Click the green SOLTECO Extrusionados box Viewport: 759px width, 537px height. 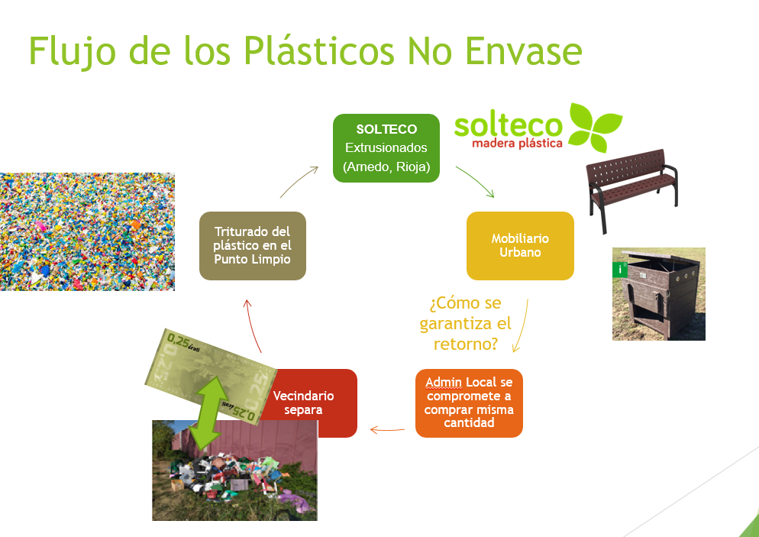click(386, 148)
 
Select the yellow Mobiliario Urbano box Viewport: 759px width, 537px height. click(520, 245)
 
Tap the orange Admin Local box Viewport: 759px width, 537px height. click(469, 403)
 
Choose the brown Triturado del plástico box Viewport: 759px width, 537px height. click(253, 245)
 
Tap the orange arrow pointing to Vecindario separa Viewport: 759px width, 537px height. click(387, 429)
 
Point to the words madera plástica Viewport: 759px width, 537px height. click(517, 144)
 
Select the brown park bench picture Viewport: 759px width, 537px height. click(631, 190)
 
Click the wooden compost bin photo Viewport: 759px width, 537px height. click(659, 294)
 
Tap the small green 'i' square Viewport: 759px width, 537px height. click(620, 270)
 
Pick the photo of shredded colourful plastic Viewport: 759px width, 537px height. click(87, 231)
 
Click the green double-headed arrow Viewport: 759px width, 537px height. click(209, 413)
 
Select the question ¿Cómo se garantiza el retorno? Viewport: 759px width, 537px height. click(465, 323)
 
